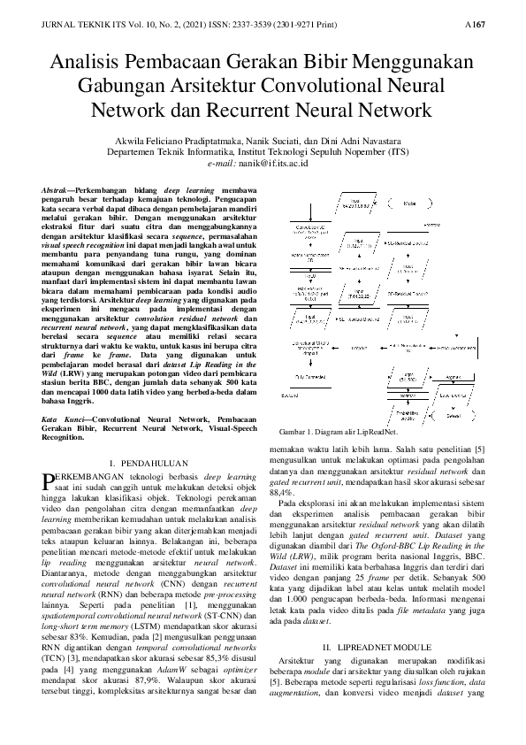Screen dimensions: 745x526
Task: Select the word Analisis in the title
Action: click(92, 63)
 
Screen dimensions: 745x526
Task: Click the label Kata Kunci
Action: click(63, 419)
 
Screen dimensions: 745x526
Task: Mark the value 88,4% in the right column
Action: click(282, 491)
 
